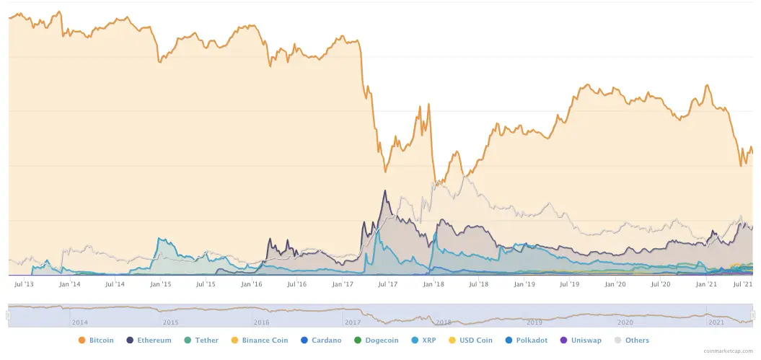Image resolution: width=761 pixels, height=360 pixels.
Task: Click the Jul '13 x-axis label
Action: (24, 284)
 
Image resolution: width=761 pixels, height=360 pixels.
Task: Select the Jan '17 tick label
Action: (342, 284)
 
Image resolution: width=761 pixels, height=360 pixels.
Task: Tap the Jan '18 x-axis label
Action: (433, 284)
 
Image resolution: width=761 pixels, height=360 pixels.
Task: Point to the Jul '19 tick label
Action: (570, 284)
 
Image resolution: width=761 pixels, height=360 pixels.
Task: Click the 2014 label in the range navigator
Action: (79, 322)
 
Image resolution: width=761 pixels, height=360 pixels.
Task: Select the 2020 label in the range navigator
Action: (625, 322)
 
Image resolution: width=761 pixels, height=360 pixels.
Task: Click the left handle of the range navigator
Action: (9, 315)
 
